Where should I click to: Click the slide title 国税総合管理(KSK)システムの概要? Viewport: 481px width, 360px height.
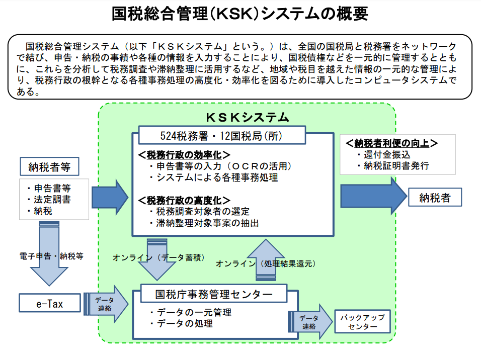[x=240, y=14]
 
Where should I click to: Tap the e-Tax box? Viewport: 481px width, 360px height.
[x=50, y=303]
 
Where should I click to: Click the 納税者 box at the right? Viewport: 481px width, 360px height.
[x=434, y=198]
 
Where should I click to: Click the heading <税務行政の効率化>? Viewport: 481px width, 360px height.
[x=184, y=154]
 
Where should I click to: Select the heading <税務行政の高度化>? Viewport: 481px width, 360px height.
[x=184, y=200]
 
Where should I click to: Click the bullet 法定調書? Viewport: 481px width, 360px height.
[x=52, y=200]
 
